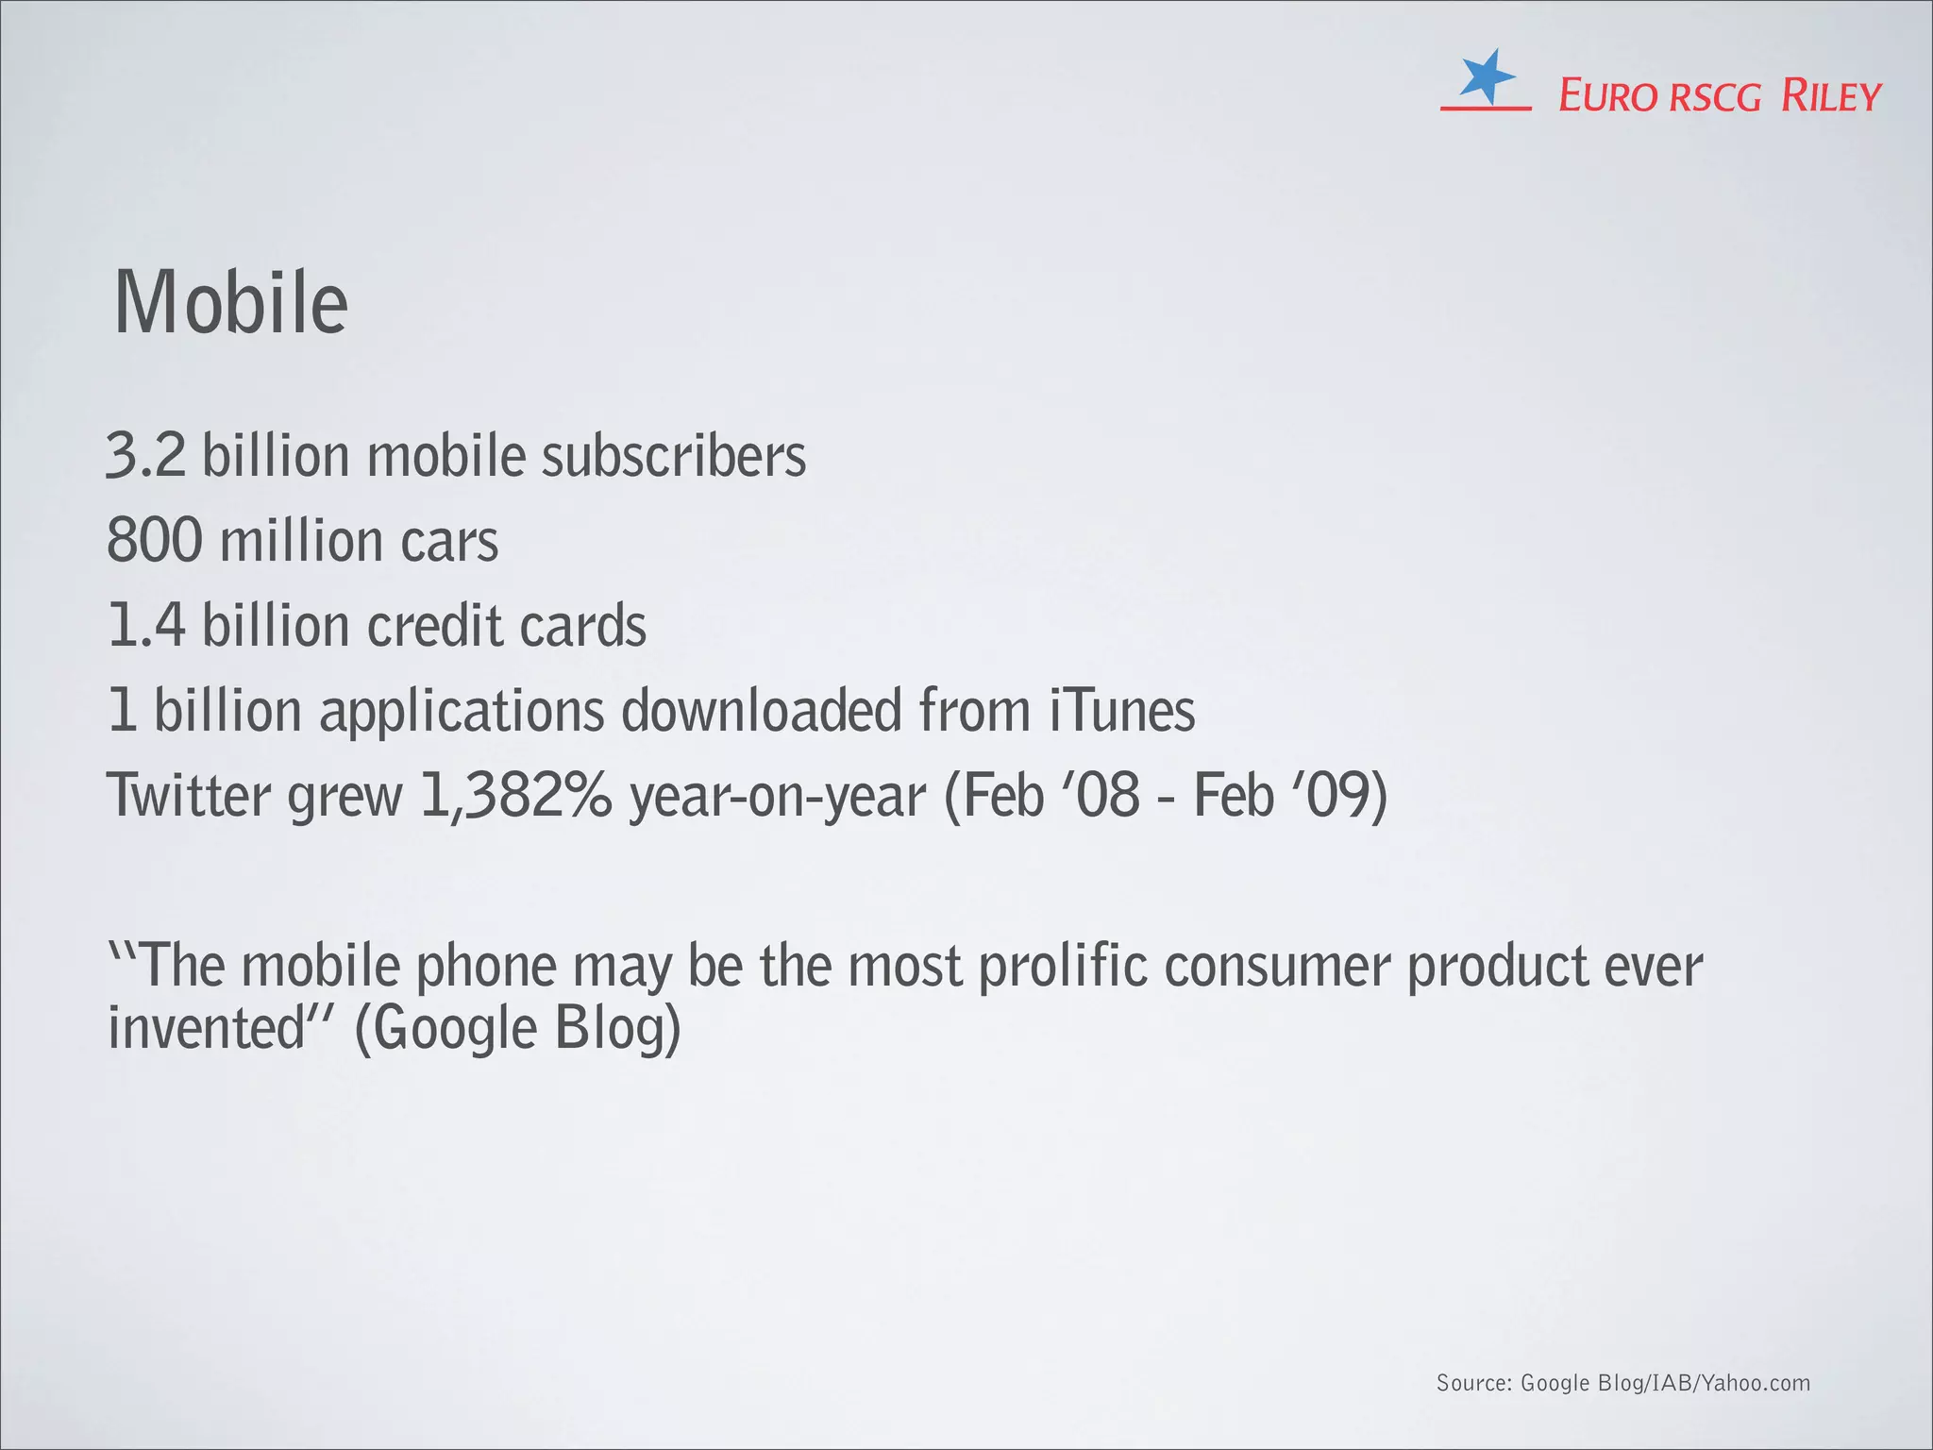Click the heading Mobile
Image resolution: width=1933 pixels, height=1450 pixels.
pos(231,303)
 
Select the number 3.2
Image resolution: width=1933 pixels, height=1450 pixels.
pos(146,455)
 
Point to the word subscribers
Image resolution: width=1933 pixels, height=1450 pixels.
pos(674,455)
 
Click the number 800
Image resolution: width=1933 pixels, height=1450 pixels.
pos(155,541)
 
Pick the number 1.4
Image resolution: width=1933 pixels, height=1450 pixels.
pos(147,626)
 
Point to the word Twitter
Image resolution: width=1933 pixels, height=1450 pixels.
pos(189,795)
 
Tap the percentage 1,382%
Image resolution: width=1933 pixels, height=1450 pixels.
pos(516,795)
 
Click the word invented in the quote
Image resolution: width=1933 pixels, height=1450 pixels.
pos(206,1028)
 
